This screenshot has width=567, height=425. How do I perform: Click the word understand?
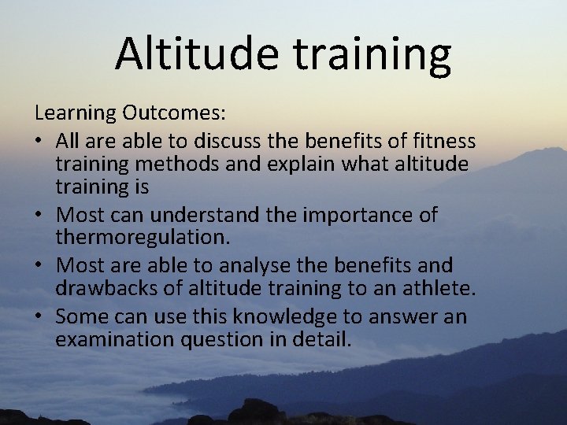pyautogui.click(x=207, y=215)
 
